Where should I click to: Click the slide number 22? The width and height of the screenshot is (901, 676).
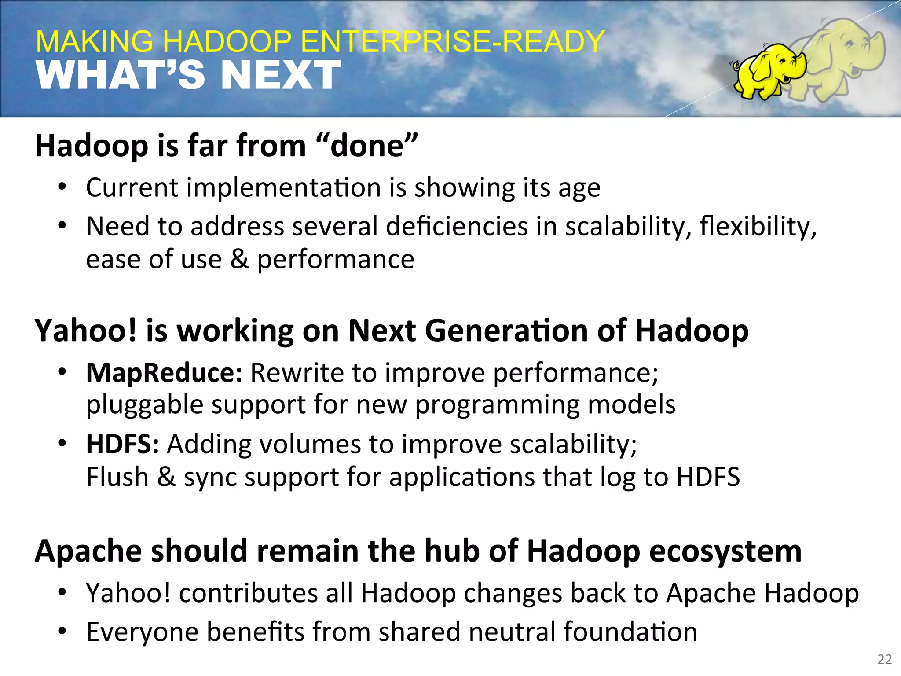click(884, 659)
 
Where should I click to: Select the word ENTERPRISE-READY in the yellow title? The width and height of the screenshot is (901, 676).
click(454, 42)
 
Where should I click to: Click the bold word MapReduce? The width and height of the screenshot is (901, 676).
click(164, 373)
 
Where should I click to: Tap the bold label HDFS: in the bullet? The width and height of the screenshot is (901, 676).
click(122, 444)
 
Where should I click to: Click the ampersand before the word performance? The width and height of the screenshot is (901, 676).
click(239, 259)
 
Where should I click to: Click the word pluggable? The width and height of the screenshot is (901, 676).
click(145, 405)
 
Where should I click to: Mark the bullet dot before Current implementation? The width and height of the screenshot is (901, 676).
click(62, 188)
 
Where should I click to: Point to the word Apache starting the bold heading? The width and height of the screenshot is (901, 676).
click(88, 552)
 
